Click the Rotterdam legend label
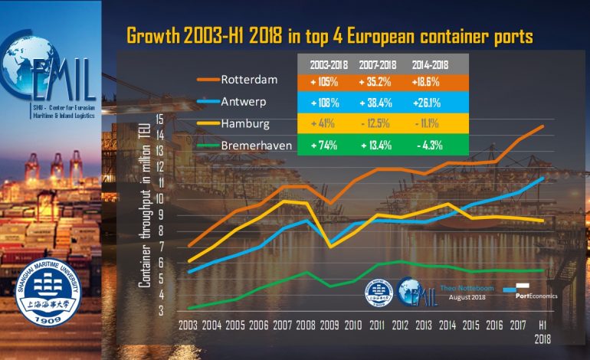[x=249, y=79]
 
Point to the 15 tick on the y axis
[x=159, y=119]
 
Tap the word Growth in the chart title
[x=153, y=35]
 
